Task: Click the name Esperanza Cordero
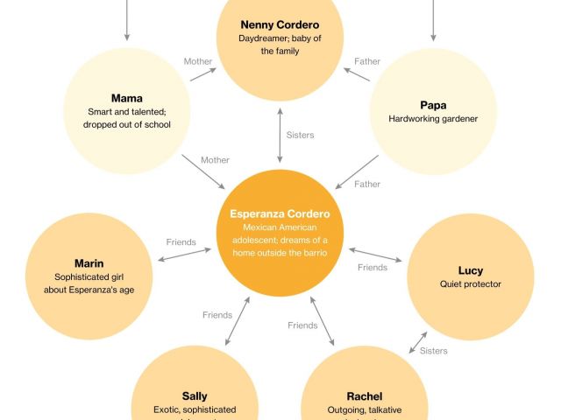click(x=280, y=213)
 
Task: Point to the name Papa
click(x=433, y=105)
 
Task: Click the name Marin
click(x=89, y=262)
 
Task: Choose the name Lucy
click(x=471, y=270)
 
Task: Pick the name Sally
click(x=195, y=395)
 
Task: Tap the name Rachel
click(x=365, y=395)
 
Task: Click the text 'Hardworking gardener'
click(x=434, y=119)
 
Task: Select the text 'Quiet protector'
click(x=471, y=284)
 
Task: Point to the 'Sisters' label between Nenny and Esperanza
click(x=300, y=136)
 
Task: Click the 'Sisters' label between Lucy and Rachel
click(x=433, y=351)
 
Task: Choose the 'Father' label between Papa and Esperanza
click(x=366, y=185)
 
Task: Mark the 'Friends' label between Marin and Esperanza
click(x=181, y=241)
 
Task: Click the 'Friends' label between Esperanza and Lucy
click(x=373, y=268)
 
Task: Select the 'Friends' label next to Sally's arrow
click(x=217, y=315)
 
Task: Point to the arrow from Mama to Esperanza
click(x=203, y=172)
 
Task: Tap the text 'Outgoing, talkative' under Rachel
click(x=365, y=409)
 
